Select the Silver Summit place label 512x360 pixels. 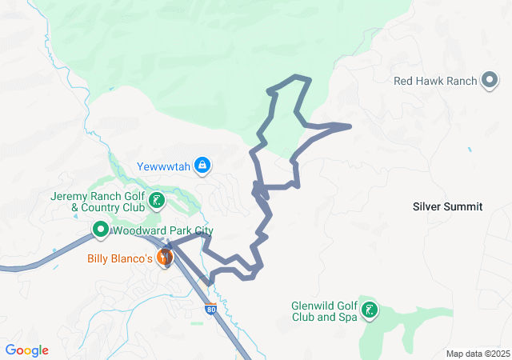(x=447, y=206)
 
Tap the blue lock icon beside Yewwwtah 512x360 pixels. (x=202, y=166)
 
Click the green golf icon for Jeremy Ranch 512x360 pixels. (x=158, y=201)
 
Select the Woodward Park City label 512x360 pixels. (x=163, y=231)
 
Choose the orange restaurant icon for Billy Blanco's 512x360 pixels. (x=166, y=258)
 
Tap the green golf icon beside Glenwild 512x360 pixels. (x=370, y=310)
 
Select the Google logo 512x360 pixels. (x=26, y=350)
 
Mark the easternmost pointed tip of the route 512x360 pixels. (x=350, y=126)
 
